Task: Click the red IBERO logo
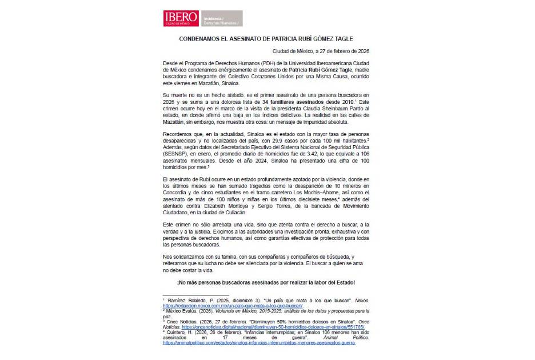click(182, 18)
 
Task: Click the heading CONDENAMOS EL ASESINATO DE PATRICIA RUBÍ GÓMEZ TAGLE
click(266, 39)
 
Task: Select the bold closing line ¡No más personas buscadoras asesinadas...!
click(266, 282)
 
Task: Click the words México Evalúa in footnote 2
click(181, 311)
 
